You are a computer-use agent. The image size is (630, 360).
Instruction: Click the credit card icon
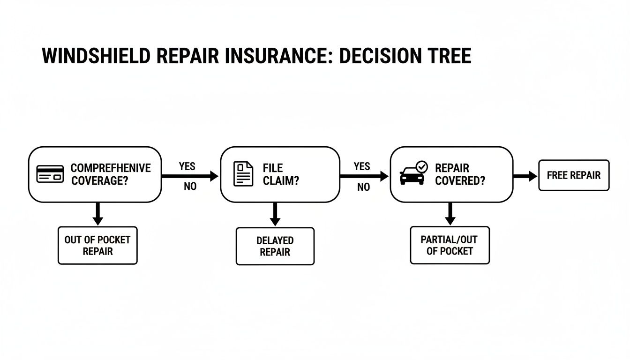[x=50, y=174]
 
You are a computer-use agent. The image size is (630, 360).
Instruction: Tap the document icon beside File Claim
[x=243, y=174]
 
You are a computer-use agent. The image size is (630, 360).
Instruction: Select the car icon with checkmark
[x=413, y=173]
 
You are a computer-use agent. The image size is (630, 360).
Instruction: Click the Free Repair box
[x=574, y=175]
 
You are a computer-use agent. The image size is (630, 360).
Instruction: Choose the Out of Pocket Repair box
[x=97, y=245]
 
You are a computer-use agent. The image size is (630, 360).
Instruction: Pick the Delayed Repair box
[x=275, y=246]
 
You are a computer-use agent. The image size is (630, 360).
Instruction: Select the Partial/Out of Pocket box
[x=450, y=245]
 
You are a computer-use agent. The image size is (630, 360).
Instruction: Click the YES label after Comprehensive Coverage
[x=187, y=166]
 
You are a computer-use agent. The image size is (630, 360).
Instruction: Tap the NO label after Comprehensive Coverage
[x=190, y=187]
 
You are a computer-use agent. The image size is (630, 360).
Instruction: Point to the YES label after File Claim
[x=362, y=166]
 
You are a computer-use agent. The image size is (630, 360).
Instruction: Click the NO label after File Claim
[x=363, y=187]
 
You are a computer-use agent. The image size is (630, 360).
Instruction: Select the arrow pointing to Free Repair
[x=525, y=176]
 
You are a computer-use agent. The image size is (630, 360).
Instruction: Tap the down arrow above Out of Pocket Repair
[x=97, y=214]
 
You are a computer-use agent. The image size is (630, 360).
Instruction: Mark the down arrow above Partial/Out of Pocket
[x=450, y=214]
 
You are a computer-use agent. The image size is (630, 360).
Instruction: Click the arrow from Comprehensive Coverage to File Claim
[x=190, y=176]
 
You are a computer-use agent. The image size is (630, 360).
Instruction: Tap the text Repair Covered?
[x=460, y=174]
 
